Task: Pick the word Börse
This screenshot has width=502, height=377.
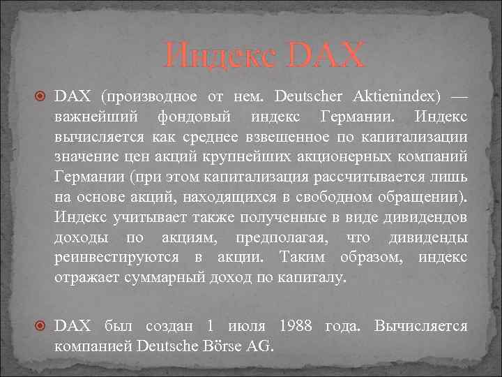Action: [x=220, y=346]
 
